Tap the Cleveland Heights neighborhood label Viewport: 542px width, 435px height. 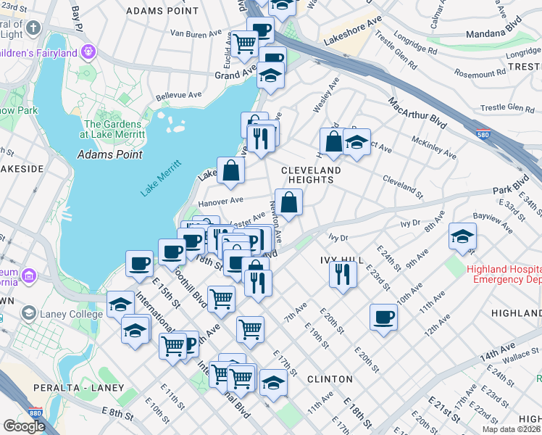311,175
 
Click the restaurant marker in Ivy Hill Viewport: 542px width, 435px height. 342,273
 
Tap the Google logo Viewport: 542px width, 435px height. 23,426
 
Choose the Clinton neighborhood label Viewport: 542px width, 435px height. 330,379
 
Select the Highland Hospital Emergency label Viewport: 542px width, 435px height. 503,273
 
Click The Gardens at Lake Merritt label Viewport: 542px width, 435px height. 114,129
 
